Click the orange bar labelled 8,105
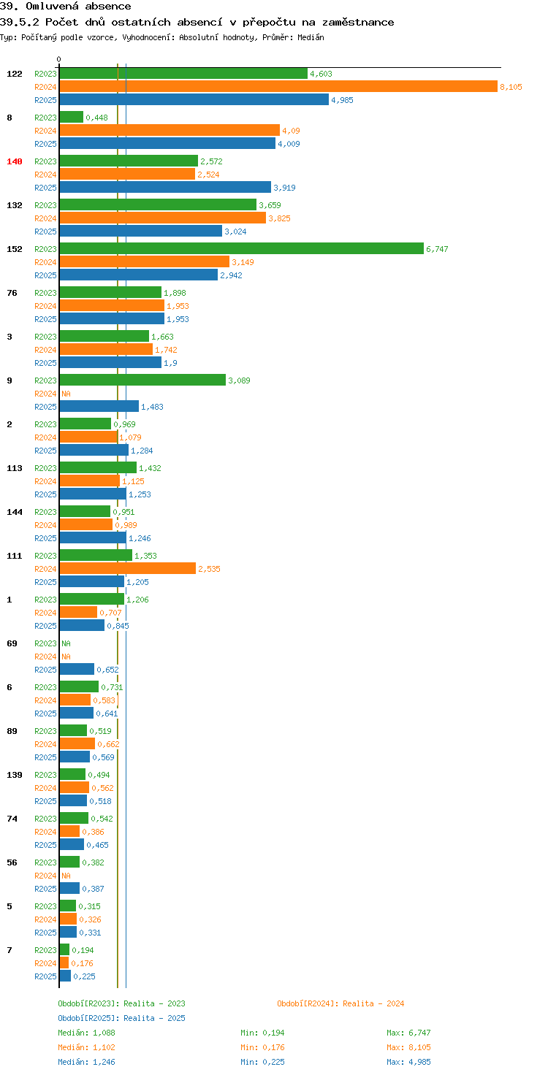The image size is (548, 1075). pos(278,86)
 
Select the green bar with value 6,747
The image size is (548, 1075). pos(242,248)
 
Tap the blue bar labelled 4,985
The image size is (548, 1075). pos(194,99)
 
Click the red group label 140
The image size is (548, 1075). pos(15,161)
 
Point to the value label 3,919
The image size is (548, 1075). pos(284,188)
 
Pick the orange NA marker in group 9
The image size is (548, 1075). pos(66,394)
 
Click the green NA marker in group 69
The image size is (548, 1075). pos(66,643)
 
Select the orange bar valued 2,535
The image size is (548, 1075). pos(128,568)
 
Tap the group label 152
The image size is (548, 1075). pos(15,248)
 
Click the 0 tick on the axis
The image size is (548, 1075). pos(58,59)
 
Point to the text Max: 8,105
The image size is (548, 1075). pos(408,1047)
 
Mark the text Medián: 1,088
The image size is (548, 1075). pos(86,1033)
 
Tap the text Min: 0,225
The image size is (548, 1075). pos(263,1062)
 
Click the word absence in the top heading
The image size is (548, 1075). pos(108,7)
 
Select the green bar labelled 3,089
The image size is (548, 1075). pos(142,380)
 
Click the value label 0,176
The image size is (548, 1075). pos(82,963)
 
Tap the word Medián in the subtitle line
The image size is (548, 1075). pos(311,37)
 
